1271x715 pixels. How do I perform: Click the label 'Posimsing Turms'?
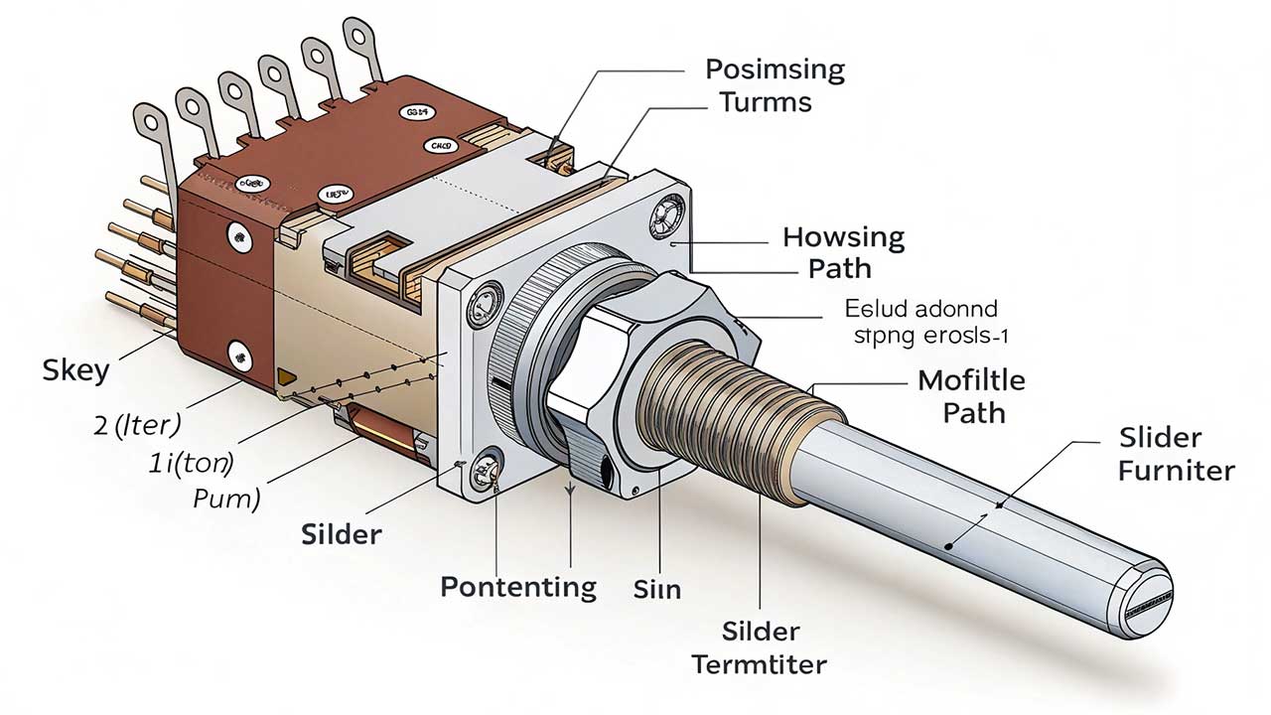tap(775, 85)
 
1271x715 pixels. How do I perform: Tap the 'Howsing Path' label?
tap(843, 252)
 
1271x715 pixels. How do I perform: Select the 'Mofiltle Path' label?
tap(971, 394)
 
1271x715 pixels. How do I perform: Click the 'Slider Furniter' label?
tap(1176, 454)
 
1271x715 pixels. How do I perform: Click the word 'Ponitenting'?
tap(518, 586)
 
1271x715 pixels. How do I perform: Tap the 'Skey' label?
tap(74, 370)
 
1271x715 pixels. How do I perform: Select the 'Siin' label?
tap(656, 589)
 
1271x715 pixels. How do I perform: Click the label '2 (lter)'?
tap(136, 426)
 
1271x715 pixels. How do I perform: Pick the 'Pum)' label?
tap(226, 498)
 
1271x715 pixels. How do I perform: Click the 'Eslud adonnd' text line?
tap(920, 309)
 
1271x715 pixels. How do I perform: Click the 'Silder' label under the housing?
tap(341, 533)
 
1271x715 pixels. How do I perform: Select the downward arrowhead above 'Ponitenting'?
tap(570, 490)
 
